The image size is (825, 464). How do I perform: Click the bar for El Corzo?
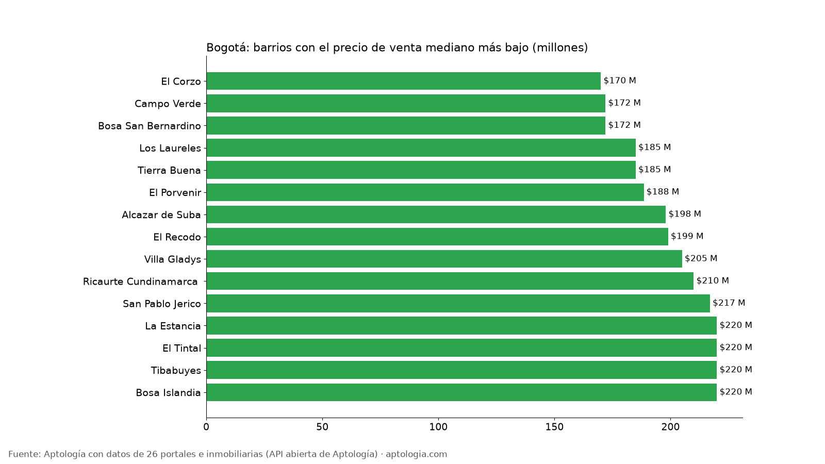tap(403, 81)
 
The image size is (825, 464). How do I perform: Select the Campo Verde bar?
tap(406, 103)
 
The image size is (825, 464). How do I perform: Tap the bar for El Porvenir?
tap(425, 192)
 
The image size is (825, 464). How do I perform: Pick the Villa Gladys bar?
tap(444, 259)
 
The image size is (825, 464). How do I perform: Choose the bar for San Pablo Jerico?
tap(458, 304)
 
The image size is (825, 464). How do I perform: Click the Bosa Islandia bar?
tap(461, 392)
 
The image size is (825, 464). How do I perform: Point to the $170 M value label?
tap(620, 80)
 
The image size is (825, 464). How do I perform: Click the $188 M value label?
tap(663, 192)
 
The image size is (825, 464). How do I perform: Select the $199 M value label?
tap(687, 236)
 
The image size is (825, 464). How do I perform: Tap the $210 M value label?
tap(713, 280)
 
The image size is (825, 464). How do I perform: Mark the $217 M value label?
tap(729, 303)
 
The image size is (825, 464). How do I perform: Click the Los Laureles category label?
tap(170, 148)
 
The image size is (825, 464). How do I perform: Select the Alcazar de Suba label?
tap(161, 214)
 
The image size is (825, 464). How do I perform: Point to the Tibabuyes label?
tap(176, 371)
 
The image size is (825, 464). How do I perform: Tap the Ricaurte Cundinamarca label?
tap(140, 281)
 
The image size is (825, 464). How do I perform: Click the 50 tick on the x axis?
tap(322, 427)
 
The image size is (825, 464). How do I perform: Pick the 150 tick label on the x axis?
tap(555, 427)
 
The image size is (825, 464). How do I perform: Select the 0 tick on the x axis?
tap(206, 427)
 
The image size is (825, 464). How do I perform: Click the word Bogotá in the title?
tap(228, 48)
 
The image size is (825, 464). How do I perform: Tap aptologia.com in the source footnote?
tap(417, 454)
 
